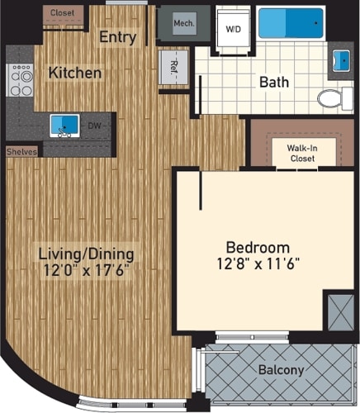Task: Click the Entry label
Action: (118, 37)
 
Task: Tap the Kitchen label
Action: (75, 73)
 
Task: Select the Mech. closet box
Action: (184, 23)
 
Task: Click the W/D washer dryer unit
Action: (233, 26)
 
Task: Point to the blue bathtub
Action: (291, 23)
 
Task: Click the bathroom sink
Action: (340, 60)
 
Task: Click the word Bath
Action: (273, 83)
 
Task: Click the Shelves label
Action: (21, 152)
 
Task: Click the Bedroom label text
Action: (258, 247)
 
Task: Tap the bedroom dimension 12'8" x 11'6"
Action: (258, 264)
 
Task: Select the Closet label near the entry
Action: (62, 13)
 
